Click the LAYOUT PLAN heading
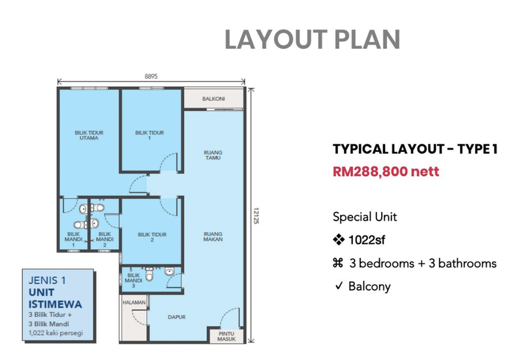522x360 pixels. coord(312,39)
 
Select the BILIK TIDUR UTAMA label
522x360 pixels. coord(89,135)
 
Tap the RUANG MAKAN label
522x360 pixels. coord(213,236)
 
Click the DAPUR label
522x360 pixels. coord(176,318)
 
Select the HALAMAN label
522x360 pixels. coord(132,303)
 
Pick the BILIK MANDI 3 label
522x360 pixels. coord(135,280)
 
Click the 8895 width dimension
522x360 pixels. coord(151,76)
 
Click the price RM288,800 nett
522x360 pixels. coord(385,172)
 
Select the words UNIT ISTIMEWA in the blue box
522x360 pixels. coord(50,299)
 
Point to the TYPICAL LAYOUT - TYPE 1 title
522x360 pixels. coord(415,149)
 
